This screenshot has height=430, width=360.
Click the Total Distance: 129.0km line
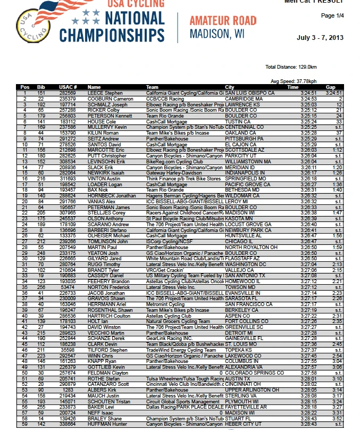click(x=291, y=67)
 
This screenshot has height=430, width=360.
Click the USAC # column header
click(x=68, y=87)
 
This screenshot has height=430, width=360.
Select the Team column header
click(x=153, y=87)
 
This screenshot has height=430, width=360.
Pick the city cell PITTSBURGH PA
click(x=244, y=139)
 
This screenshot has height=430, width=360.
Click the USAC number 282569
click(x=68, y=93)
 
